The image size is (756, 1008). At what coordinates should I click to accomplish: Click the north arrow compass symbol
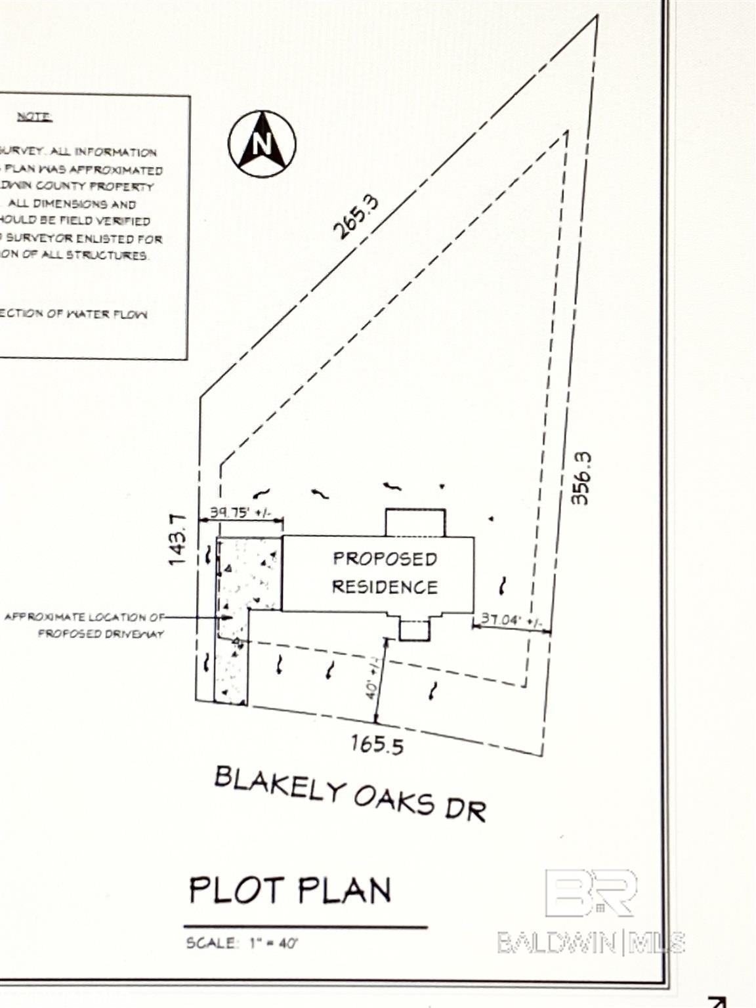[262, 144]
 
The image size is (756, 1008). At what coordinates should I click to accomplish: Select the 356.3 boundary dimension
[581, 478]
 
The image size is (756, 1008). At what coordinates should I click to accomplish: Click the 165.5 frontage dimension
[377, 744]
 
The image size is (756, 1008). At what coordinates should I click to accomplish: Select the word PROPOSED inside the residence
[385, 558]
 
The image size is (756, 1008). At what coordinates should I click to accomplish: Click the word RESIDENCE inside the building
[385, 586]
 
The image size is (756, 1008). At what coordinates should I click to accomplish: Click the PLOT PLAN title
[289, 891]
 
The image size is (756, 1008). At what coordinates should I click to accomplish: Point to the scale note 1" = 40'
[274, 944]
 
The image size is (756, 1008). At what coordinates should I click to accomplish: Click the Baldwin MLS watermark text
[591, 943]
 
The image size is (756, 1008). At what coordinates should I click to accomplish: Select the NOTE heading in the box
[34, 117]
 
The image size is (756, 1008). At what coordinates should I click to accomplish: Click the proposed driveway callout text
[84, 625]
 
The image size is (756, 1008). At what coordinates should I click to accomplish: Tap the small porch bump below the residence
[415, 630]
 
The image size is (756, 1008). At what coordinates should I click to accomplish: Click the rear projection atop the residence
[415, 522]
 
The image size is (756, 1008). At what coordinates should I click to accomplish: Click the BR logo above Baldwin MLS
[591, 892]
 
